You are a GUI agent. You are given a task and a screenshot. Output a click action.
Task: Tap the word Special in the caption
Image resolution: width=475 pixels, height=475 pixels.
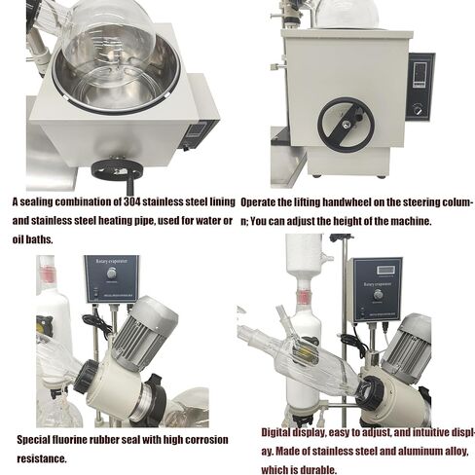[x=34, y=440]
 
